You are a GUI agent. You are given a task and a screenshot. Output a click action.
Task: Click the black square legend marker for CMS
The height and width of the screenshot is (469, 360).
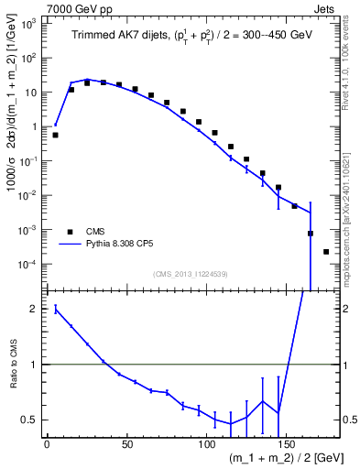[68, 232]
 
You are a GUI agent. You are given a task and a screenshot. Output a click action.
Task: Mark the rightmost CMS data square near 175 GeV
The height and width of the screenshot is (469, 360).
[326, 252]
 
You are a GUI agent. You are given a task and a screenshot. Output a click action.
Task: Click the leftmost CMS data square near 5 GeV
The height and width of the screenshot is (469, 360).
[55, 135]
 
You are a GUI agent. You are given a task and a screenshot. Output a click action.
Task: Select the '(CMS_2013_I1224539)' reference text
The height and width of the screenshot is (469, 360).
[191, 273]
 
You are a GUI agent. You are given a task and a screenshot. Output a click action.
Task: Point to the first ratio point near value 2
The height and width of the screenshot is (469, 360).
[55, 309]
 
